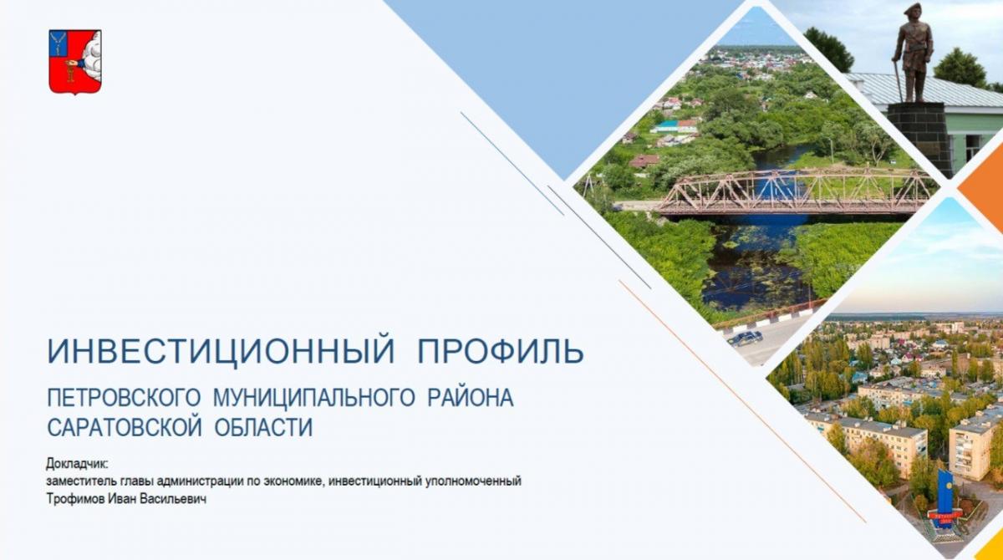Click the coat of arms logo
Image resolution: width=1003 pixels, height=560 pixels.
point(75,61)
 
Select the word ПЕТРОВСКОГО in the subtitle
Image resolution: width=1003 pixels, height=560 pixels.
point(123,399)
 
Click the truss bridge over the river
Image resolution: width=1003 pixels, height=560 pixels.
point(794,191)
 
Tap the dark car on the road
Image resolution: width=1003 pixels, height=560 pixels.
point(745,338)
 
